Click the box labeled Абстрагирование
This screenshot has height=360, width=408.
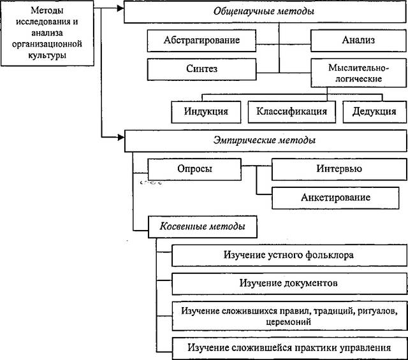pyautogui.click(x=201, y=41)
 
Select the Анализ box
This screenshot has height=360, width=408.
pyautogui.click(x=358, y=41)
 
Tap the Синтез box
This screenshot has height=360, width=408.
pyautogui.click(x=201, y=69)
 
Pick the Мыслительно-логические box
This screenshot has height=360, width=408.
pyautogui.click(x=358, y=73)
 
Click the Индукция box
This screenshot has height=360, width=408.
pyautogui.click(x=206, y=112)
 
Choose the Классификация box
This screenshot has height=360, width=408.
pyautogui.click(x=292, y=112)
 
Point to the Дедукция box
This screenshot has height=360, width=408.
pyautogui.click(x=374, y=112)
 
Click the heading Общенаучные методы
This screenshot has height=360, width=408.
pyautogui.click(x=264, y=11)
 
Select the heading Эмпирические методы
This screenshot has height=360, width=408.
pyautogui.click(x=265, y=140)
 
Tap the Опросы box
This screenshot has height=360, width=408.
pyautogui.click(x=194, y=169)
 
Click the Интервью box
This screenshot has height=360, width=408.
pyautogui.click(x=339, y=169)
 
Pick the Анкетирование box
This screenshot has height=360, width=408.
pyautogui.click(x=335, y=198)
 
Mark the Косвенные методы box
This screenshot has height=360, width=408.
pyautogui.click(x=203, y=227)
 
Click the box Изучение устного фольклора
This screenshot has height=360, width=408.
pyautogui.click(x=289, y=255)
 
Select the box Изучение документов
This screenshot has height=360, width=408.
pyautogui.click(x=289, y=284)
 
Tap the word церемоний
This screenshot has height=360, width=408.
pyautogui.click(x=289, y=322)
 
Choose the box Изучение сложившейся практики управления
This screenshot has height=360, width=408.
pyautogui.click(x=289, y=349)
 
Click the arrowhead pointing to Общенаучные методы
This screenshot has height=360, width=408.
pyautogui.click(x=120, y=8)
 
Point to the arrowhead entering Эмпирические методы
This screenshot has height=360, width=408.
pyautogui.click(x=121, y=137)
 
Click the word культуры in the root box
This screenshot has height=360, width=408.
pyautogui.click(x=47, y=55)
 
